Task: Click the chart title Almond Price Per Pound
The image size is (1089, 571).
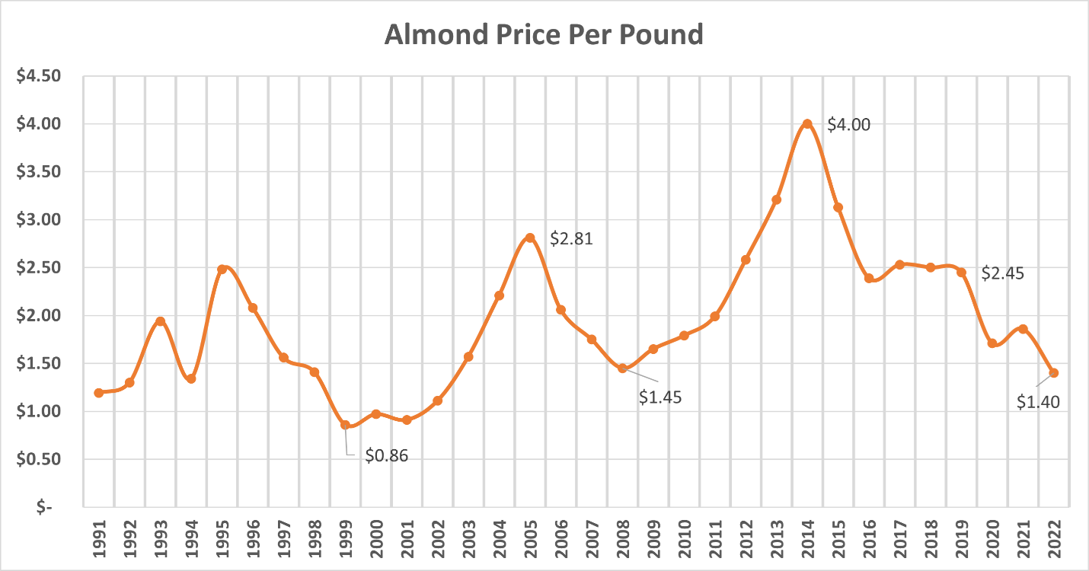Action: coord(544,35)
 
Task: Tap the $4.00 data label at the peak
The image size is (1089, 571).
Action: coord(848,125)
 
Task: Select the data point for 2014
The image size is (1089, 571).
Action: coord(807,123)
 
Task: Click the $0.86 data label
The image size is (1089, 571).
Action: coord(387,457)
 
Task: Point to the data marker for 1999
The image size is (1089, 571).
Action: coord(345,425)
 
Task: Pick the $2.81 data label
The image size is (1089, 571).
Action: coord(570,239)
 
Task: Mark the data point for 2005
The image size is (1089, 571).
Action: coord(530,238)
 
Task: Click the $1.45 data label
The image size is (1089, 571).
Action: coord(659,397)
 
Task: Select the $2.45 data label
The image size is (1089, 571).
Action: coord(1002,273)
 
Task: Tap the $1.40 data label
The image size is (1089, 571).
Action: coord(1038,403)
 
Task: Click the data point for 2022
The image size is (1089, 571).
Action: coord(1054,373)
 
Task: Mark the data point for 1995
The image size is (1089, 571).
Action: coord(222,270)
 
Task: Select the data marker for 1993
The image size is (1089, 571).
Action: coord(160,321)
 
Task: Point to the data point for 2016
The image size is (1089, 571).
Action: coord(869,278)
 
